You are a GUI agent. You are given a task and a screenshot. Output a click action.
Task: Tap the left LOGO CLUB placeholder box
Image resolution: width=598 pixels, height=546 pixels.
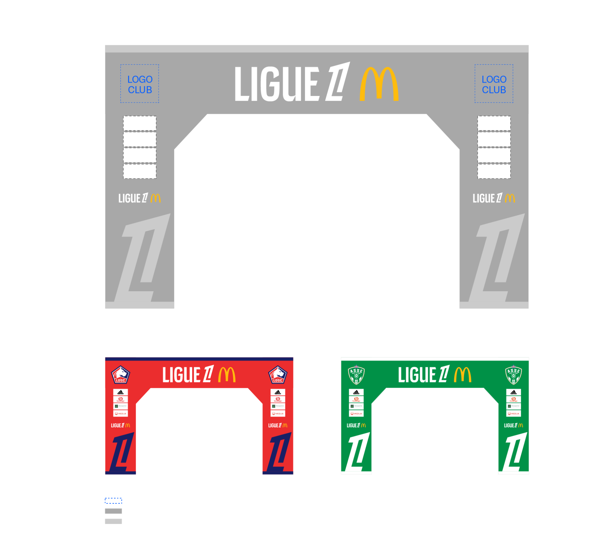140,84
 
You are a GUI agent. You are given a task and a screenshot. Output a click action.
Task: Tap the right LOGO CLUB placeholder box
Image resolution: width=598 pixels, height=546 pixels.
494,84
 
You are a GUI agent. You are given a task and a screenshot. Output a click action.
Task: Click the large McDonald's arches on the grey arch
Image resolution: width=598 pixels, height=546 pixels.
379,84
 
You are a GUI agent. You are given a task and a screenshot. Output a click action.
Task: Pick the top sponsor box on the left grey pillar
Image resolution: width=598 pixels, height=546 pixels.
140,123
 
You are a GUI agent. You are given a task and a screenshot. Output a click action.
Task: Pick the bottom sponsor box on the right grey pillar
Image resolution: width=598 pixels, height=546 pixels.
494,171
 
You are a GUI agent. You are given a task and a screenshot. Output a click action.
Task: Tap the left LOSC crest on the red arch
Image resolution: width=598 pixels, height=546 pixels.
121,375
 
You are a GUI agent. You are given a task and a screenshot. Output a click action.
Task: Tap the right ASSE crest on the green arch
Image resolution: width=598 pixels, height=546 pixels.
513,375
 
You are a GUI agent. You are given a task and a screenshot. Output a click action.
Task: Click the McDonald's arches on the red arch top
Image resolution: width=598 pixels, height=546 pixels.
227,374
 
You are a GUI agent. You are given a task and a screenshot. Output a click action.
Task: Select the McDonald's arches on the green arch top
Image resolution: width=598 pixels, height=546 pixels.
463,374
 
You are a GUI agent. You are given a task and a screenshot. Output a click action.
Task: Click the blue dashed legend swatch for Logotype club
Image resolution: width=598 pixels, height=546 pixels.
113,501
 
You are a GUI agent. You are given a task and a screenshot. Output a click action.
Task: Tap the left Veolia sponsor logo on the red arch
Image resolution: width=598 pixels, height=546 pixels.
121,414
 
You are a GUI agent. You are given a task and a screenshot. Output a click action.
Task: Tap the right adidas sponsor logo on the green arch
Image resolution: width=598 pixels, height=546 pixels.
514,392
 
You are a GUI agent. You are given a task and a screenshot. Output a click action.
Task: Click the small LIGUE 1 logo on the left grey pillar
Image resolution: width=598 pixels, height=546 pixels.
140,198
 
